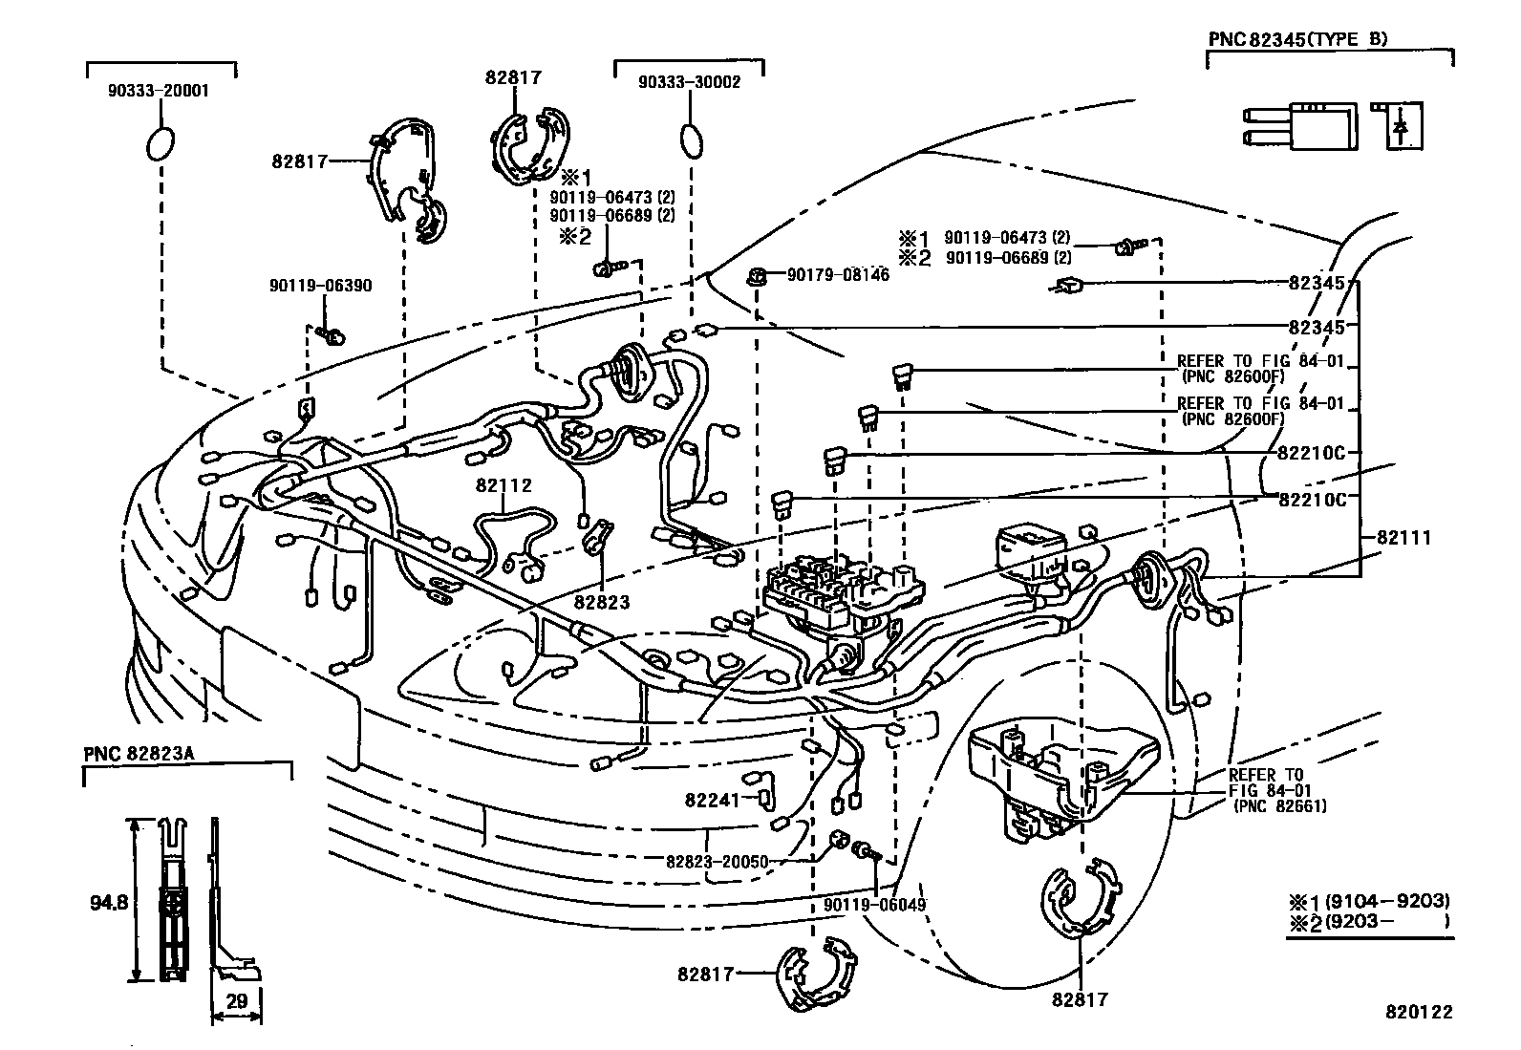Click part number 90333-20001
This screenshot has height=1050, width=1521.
click(161, 92)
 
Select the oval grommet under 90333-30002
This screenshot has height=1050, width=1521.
click(691, 140)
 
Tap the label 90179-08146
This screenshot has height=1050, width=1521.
click(838, 275)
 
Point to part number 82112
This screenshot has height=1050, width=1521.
click(503, 485)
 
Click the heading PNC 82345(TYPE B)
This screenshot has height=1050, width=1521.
click(1297, 39)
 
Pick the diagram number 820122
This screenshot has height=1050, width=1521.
click(1420, 1012)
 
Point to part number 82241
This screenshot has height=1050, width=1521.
click(712, 799)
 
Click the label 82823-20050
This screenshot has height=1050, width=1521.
click(717, 861)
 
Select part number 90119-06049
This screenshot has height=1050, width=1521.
click(874, 904)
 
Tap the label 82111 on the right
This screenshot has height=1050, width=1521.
click(1403, 538)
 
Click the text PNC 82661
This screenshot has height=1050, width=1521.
click(1279, 806)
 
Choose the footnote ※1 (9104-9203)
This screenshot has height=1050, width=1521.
click(1369, 901)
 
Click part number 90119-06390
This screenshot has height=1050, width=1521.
click(320, 286)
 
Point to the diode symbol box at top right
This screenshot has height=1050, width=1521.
click(1401, 125)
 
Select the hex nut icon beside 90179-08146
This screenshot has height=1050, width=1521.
click(755, 276)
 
